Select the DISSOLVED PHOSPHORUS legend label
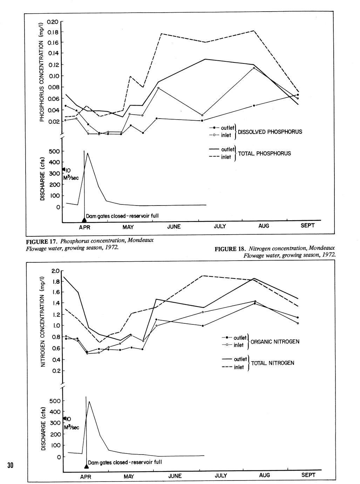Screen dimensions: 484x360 pyautogui.click(x=270, y=132)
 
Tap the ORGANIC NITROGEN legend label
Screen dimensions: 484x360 pyautogui.click(x=275, y=342)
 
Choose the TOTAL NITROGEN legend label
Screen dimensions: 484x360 pyautogui.click(x=272, y=363)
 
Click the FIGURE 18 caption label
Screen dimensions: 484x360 pyautogui.click(x=230, y=249)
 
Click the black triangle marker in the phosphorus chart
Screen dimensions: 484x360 pyautogui.click(x=84, y=220)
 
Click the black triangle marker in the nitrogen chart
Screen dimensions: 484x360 pyautogui.click(x=86, y=466)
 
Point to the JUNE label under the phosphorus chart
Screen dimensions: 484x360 pyautogui.click(x=174, y=227)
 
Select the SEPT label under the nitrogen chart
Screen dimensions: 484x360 pyautogui.click(x=308, y=475)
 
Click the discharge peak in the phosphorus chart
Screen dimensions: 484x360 pyautogui.click(x=87, y=153)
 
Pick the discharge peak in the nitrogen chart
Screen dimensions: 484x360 pyautogui.click(x=89, y=402)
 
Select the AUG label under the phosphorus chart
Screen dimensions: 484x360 pyautogui.click(x=264, y=226)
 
